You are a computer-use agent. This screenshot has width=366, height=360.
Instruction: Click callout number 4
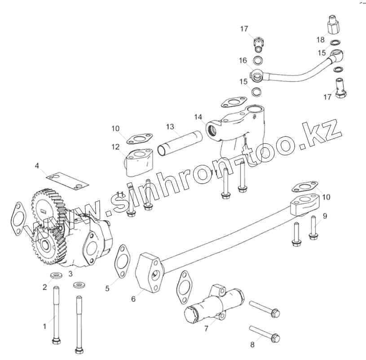point(37,166)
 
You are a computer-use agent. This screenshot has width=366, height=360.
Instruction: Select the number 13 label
point(170,127)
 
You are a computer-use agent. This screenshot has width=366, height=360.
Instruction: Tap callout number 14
point(198,117)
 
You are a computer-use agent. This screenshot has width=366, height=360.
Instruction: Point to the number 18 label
point(320,40)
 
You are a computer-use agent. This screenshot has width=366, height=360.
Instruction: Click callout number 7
point(206,329)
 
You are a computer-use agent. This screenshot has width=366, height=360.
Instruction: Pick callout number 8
point(252,345)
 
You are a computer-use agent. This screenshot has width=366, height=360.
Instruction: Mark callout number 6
point(133,298)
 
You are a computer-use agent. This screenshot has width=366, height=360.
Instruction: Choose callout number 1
point(44,326)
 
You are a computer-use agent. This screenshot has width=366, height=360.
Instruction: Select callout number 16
point(243,60)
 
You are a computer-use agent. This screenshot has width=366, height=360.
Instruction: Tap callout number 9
point(325,216)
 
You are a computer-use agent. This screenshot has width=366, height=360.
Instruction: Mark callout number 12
point(116,147)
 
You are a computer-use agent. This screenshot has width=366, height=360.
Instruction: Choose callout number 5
point(107,289)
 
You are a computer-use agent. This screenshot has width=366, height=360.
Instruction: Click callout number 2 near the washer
point(44,287)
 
